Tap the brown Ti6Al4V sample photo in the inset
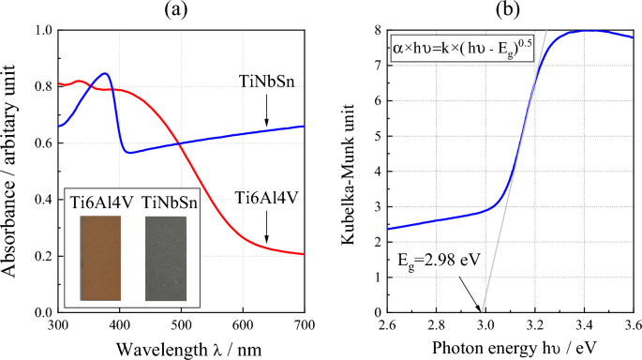(100, 257)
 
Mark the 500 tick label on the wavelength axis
(181, 325)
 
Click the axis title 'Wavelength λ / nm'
(181, 348)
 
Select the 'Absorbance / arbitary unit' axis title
(13, 171)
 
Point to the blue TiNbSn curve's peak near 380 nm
(106, 74)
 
